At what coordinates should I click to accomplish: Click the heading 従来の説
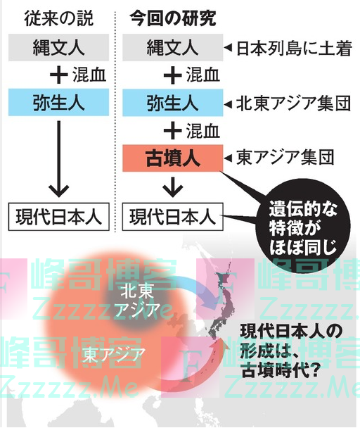pos(58,18)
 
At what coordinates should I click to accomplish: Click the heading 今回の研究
pos(173,18)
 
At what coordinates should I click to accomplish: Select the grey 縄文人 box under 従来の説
pos(58,47)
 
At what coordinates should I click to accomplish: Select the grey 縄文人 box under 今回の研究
pos(173,47)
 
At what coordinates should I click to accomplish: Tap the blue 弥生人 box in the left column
pos(58,102)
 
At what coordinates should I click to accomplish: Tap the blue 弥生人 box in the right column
pos(173,102)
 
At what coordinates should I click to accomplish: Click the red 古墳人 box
pos(173,158)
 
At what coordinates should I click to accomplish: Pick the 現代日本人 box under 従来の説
pos(58,217)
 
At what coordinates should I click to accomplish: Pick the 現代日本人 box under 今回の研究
pos(173,217)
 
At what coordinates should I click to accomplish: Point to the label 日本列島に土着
pos(294,49)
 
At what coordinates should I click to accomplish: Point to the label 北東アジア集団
pos(293,103)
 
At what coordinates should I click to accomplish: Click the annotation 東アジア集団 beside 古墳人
pos(285,158)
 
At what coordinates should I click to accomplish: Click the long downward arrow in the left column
pos(58,159)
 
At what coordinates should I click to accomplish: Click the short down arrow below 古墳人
pos(173,187)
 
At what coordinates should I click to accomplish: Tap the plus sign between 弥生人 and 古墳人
pos(173,130)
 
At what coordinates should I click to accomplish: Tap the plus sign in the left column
pos(59,75)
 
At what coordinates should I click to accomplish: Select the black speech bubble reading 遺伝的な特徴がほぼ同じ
pos(303,227)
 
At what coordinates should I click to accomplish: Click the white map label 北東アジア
pos(137,301)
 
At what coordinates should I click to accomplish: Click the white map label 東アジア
pos(114,355)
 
